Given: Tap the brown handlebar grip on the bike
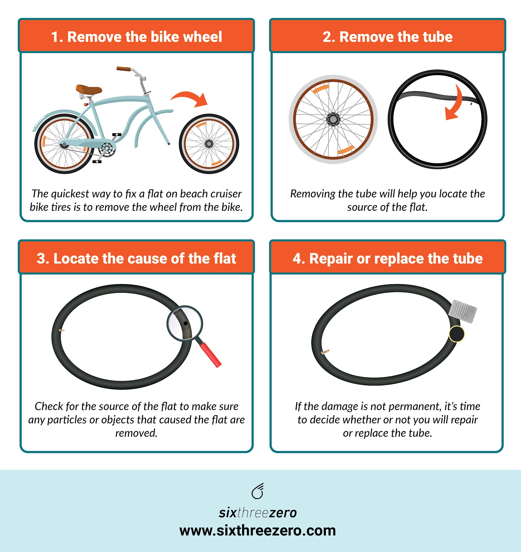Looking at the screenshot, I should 123,69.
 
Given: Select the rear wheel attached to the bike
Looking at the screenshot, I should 64,144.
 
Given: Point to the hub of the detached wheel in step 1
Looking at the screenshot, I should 209,144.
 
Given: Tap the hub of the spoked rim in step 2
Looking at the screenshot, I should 333,119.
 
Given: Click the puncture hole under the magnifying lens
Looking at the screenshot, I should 185,323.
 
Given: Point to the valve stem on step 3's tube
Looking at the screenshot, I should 62,330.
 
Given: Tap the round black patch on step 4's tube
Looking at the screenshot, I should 456,334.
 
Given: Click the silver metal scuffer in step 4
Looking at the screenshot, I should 462,311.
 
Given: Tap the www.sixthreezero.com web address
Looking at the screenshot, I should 257,531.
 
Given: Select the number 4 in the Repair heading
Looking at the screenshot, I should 297,258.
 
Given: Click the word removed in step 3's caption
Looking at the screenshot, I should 136,433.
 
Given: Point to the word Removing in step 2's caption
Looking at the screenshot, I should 312,194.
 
